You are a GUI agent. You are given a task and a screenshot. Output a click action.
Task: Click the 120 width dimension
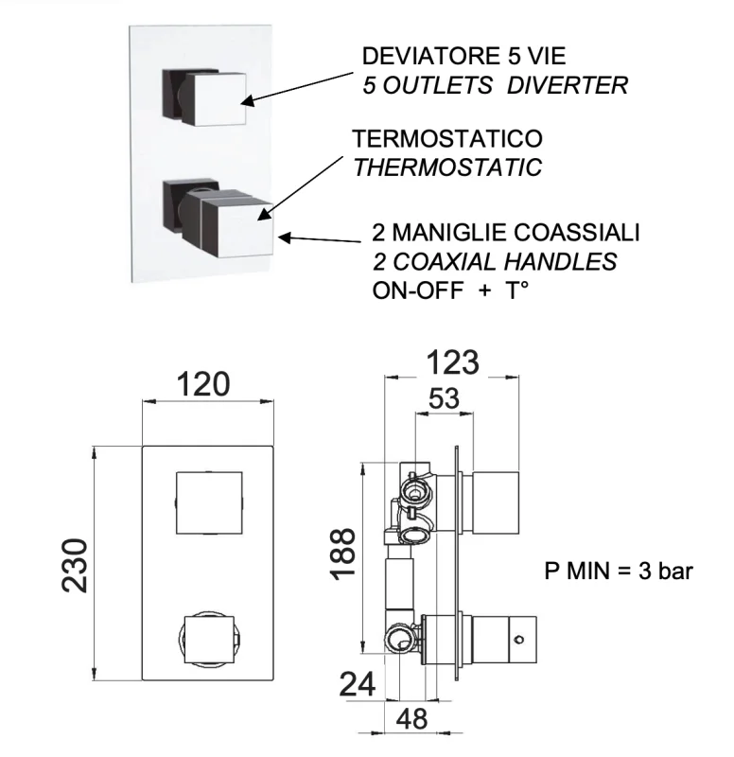click(205, 385)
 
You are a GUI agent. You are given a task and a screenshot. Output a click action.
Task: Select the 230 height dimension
click(77, 565)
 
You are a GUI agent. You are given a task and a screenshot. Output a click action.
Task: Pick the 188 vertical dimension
click(346, 554)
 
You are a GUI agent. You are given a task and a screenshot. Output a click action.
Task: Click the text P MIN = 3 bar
click(620, 571)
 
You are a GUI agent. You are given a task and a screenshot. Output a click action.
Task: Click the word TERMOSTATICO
click(447, 139)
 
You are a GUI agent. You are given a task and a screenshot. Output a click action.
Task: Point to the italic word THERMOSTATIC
click(447, 168)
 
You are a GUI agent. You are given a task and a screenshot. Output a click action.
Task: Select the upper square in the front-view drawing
click(209, 502)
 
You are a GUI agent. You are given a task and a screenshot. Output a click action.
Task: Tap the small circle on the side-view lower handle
click(518, 641)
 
